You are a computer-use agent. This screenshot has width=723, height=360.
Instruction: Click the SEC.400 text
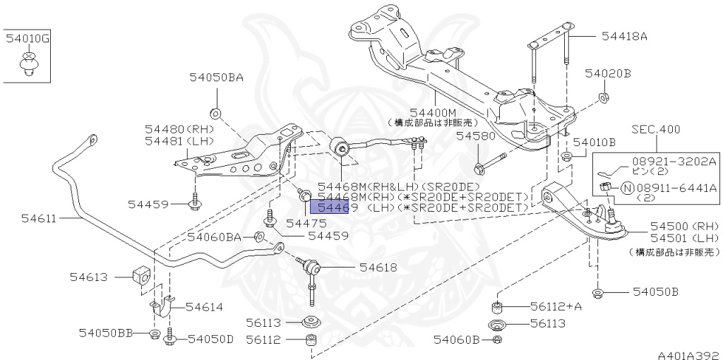pos(656,129)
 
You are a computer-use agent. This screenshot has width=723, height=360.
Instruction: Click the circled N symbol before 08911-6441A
pos(627,188)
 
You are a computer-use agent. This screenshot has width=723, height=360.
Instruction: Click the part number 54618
pos(378,267)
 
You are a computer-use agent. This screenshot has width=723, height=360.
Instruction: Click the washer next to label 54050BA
pos(215,113)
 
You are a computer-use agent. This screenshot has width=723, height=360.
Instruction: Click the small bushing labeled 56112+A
pos(497,307)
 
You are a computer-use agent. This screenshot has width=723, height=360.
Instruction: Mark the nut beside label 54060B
pos(497,340)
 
